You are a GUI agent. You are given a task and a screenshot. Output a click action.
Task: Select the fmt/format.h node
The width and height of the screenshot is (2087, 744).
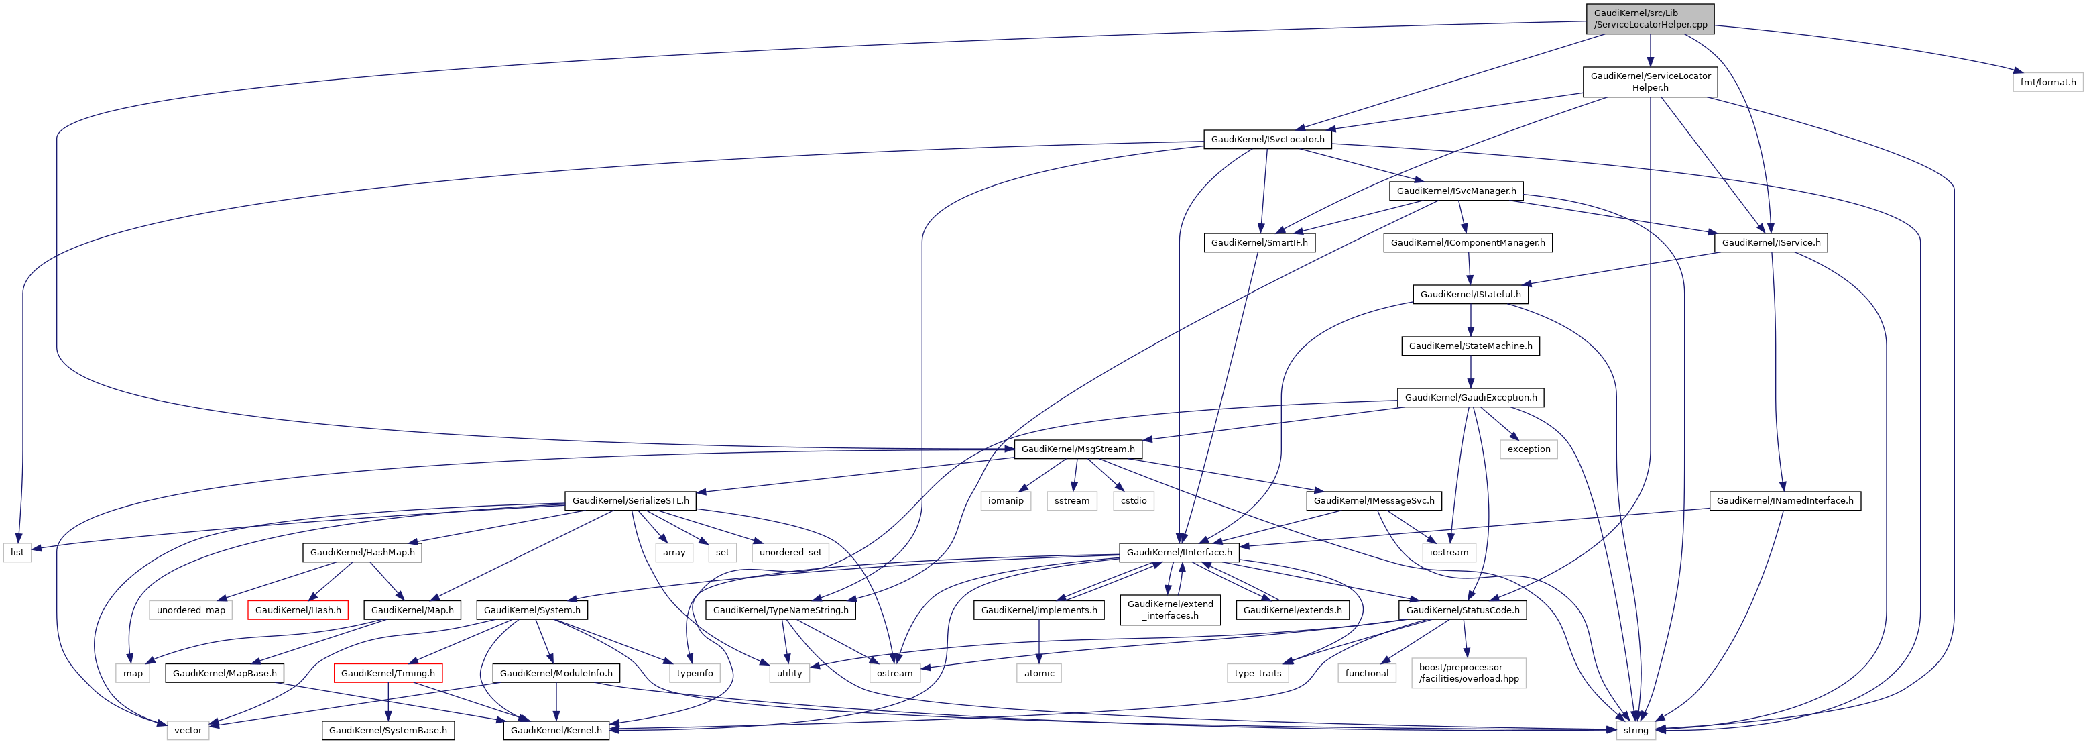pos(2047,82)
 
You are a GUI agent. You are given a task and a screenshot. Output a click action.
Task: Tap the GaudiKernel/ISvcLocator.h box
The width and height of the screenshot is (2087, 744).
pos(1267,140)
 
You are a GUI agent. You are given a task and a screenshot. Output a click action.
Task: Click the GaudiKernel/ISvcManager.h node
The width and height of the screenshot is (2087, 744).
pos(1456,191)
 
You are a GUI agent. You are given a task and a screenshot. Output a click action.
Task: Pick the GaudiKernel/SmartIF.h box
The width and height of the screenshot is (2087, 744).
pos(1259,242)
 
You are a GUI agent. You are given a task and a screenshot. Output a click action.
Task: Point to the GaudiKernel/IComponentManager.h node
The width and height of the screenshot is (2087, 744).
pos(1468,242)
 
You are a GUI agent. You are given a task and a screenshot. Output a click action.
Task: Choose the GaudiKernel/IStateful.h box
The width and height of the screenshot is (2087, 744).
pos(1470,295)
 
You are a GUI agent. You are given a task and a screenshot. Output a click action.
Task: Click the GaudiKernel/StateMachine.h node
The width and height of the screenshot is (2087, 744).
pos(1470,346)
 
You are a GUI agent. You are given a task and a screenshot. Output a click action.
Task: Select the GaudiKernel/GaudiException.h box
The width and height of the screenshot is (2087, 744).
pos(1470,398)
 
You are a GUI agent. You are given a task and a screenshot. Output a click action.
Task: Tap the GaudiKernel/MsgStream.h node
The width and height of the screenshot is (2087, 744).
pos(1077,449)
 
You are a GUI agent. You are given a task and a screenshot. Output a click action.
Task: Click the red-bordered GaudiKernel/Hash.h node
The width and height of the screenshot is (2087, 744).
pos(298,610)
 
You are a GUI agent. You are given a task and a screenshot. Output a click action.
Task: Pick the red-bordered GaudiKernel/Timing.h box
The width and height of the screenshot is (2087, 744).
pos(387,674)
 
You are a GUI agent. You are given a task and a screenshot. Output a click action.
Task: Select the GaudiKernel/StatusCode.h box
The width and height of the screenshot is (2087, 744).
pos(1462,610)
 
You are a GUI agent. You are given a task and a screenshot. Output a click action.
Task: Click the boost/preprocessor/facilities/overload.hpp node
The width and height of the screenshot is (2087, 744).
pos(1468,674)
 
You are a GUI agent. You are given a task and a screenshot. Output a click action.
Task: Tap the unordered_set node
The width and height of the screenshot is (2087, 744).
pos(790,553)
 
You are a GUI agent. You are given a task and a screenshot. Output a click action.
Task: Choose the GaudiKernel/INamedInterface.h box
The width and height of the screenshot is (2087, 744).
pos(1784,501)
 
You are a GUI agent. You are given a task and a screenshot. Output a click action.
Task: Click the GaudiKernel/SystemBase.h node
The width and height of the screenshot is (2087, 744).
pos(387,730)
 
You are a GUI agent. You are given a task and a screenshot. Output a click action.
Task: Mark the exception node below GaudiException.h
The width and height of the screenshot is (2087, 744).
pos(1528,449)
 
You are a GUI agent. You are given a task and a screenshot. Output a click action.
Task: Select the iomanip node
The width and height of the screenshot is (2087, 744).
pos(1006,501)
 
